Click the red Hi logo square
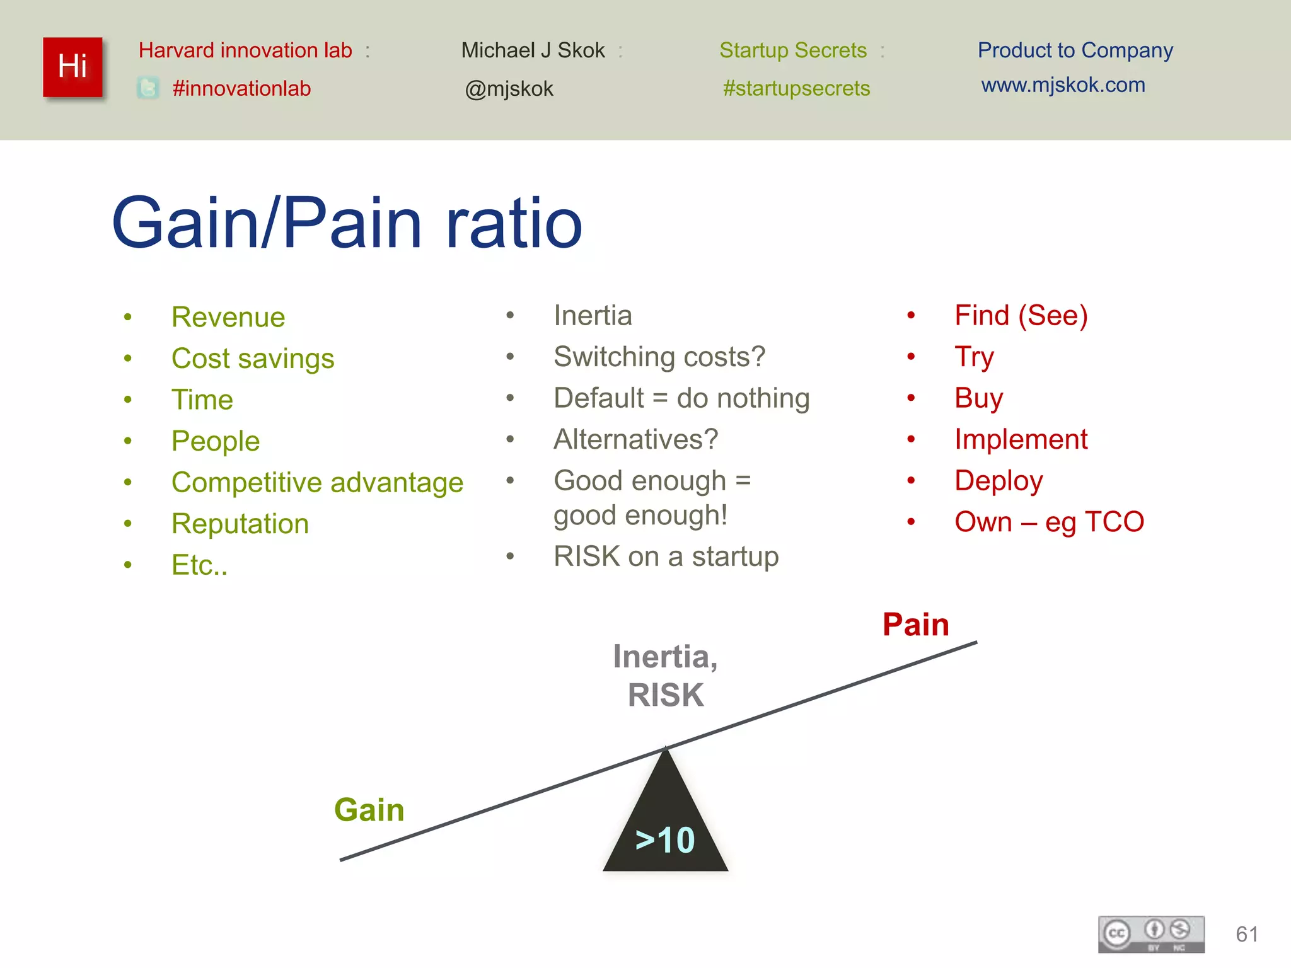click(72, 67)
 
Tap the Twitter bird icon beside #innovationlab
click(148, 88)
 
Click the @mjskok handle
click(509, 89)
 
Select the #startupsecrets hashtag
click(796, 88)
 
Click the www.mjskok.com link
click(1063, 85)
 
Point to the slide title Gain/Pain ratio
click(347, 223)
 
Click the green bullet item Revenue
click(228, 317)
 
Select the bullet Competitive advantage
click(317, 483)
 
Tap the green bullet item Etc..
click(199, 565)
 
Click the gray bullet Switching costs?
click(659, 357)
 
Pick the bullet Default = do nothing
click(681, 398)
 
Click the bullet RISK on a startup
click(666, 557)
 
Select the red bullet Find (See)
click(1021, 316)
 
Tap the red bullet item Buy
click(978, 398)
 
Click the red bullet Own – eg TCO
click(1049, 522)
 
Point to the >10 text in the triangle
click(665, 840)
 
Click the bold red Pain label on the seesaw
click(915, 625)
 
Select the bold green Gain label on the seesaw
click(369, 810)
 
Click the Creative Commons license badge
click(1151, 934)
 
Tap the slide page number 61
click(1247, 934)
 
